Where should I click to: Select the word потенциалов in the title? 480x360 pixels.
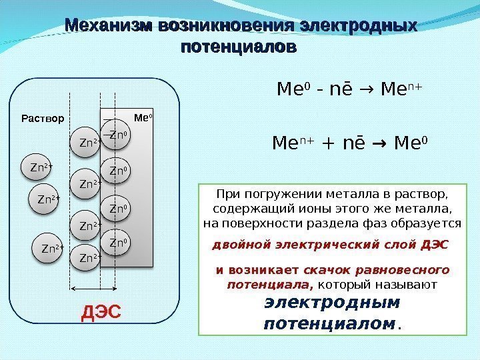pos(239,49)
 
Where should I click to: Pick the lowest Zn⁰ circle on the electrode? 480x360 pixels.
pos(119,242)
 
